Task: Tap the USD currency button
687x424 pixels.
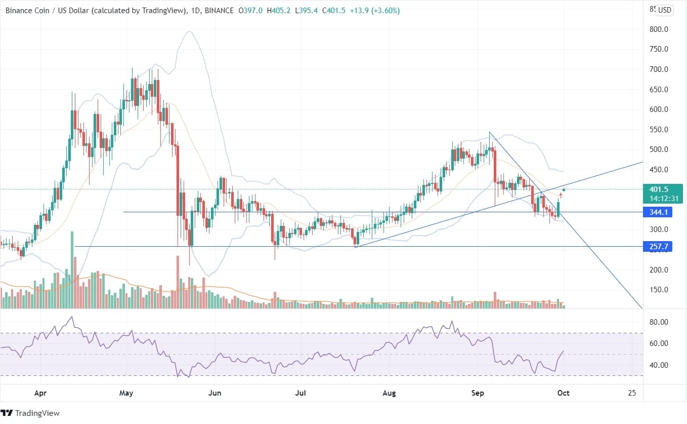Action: point(664,10)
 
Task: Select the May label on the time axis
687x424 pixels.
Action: point(126,393)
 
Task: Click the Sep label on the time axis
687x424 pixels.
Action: point(478,393)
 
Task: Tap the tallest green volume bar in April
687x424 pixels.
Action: point(72,270)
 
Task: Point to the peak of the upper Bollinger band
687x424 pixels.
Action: point(189,32)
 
